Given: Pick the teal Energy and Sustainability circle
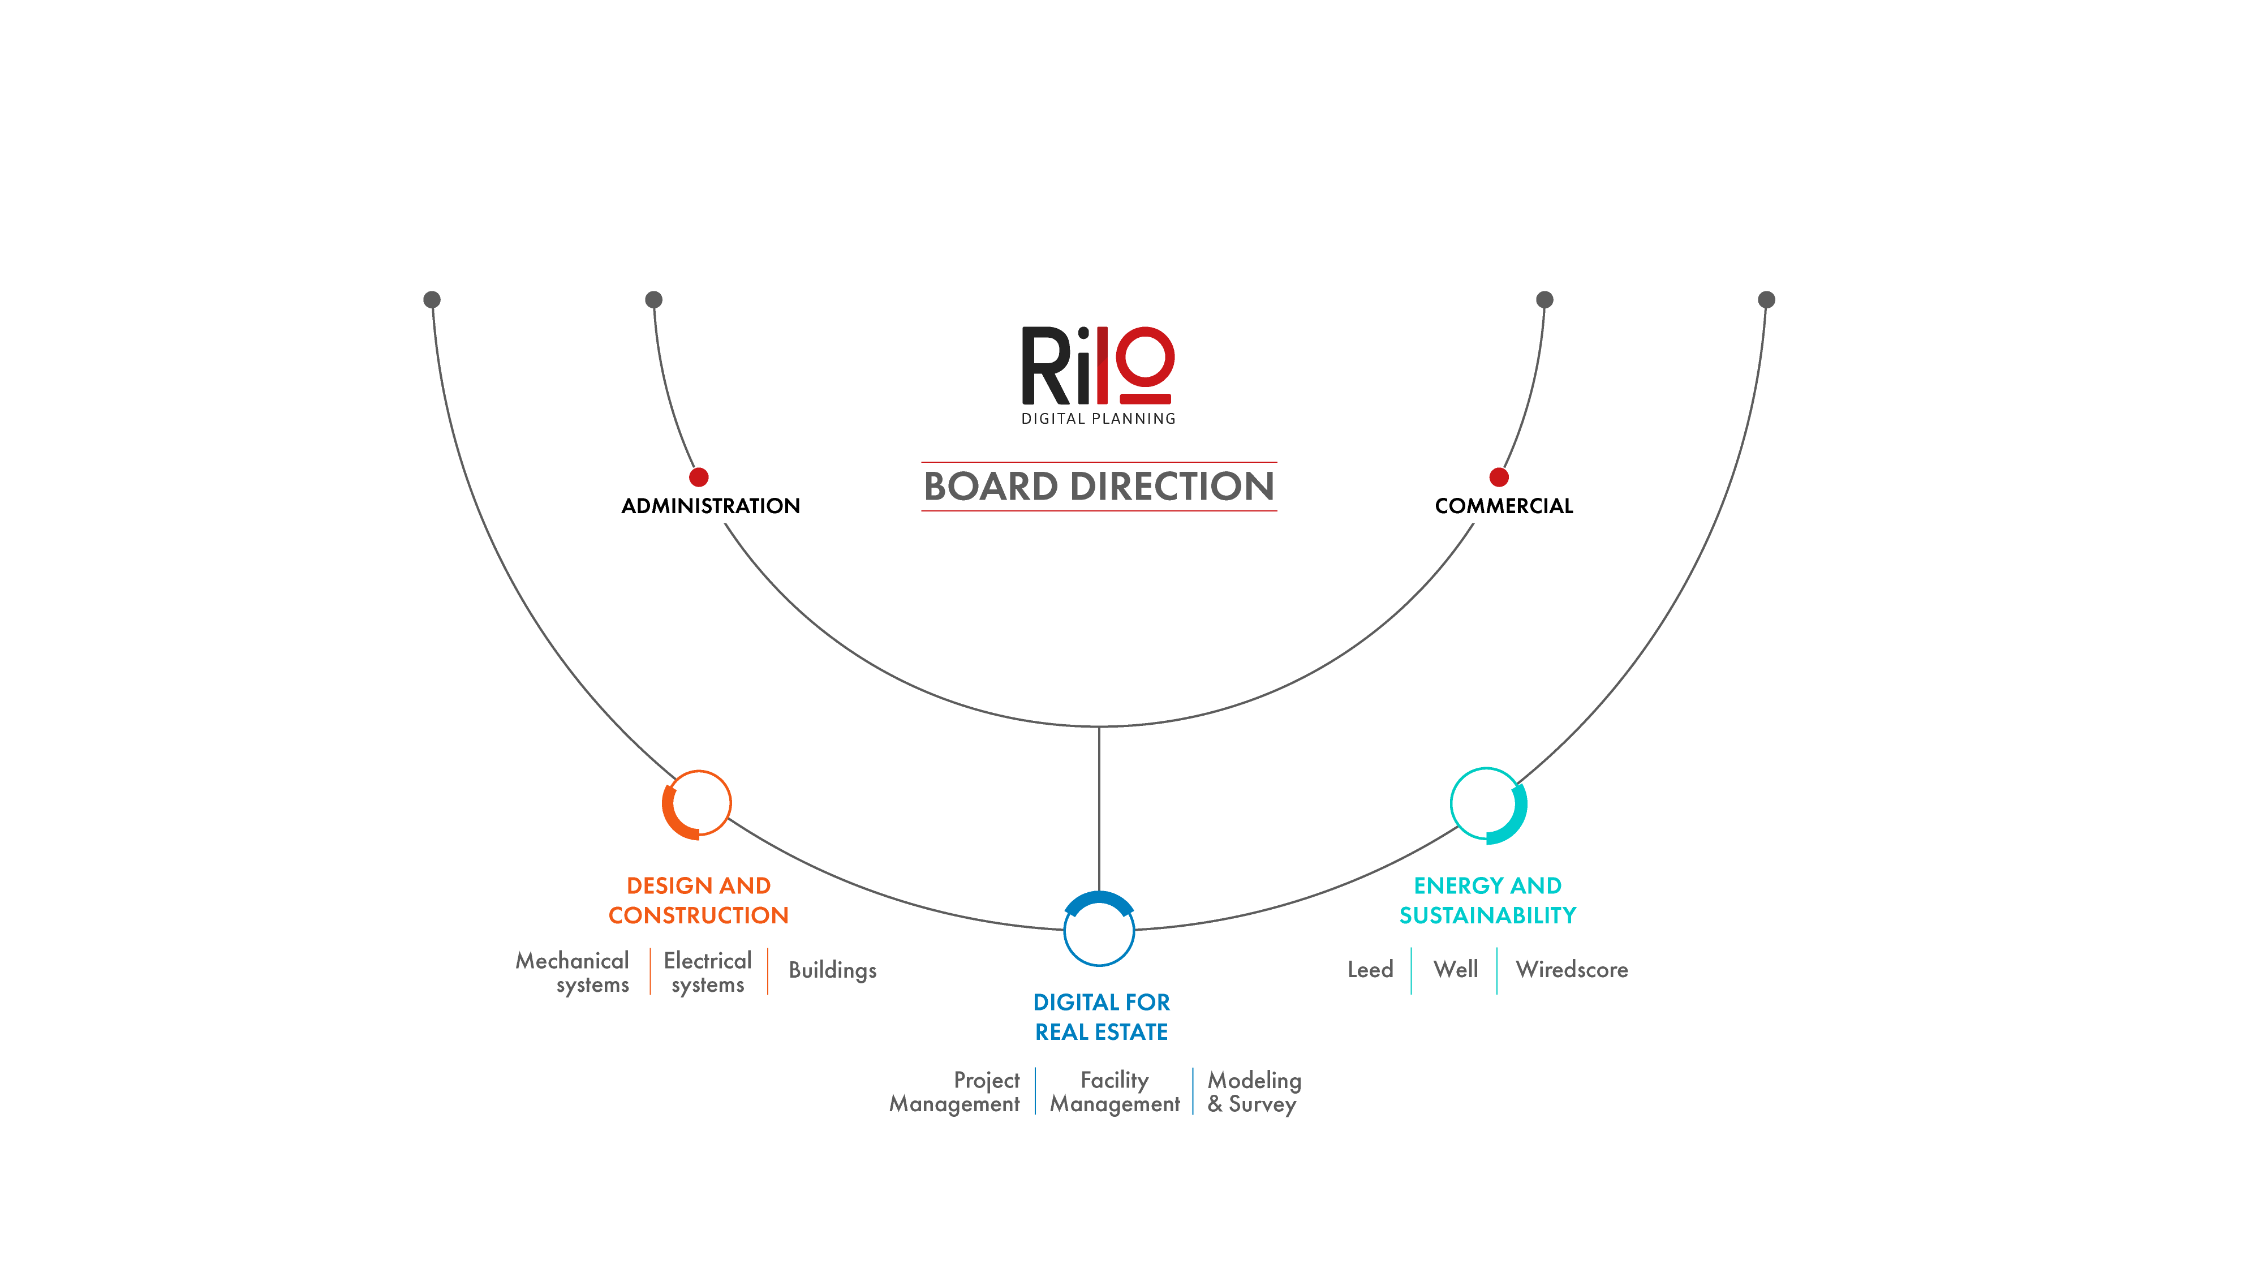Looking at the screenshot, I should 1487,805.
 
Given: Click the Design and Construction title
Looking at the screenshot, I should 698,900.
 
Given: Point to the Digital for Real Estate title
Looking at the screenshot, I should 1102,1017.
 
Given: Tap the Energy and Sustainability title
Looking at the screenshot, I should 1487,900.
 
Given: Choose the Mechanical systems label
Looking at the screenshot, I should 573,971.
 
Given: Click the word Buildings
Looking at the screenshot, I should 832,970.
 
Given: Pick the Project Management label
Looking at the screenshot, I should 955,1091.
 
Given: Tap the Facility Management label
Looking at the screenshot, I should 1114,1091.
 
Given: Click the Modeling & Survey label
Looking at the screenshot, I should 1254,1091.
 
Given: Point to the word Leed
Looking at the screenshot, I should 1370,969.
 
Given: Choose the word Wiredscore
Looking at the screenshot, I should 1572,969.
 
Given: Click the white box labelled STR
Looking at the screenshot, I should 720,505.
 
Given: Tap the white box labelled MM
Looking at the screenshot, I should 1486,505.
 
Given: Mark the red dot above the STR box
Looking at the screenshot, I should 698,477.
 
